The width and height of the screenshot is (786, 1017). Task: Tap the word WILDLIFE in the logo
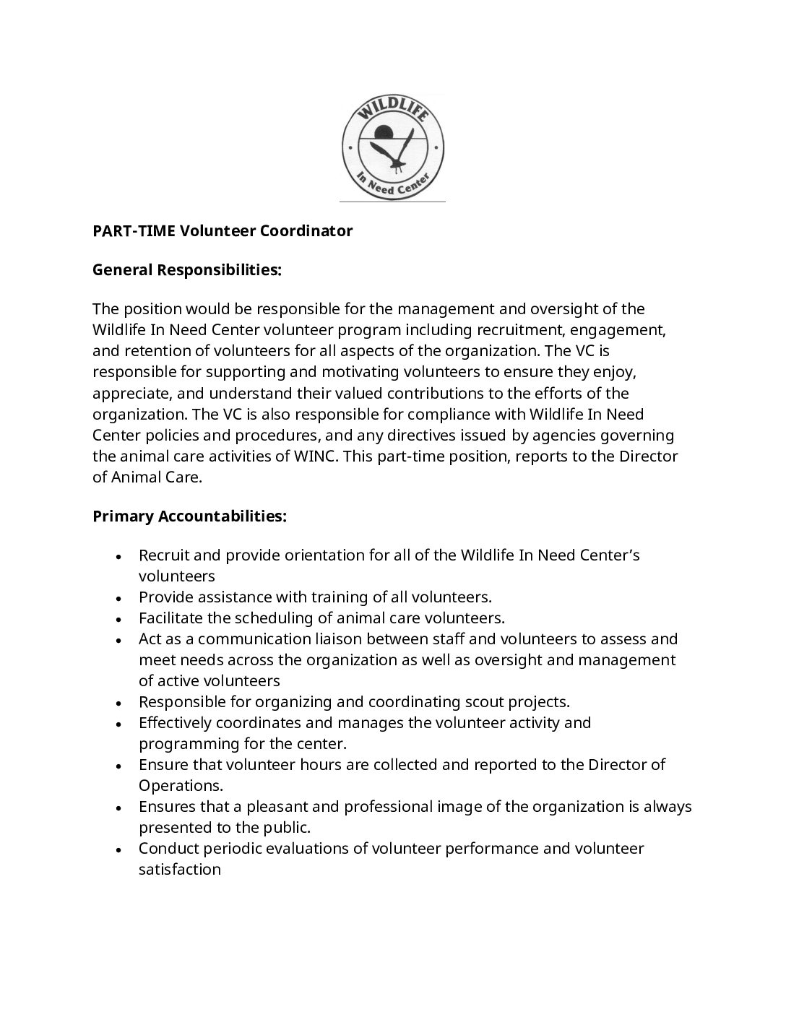point(392,109)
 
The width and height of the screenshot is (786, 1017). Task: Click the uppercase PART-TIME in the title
point(134,231)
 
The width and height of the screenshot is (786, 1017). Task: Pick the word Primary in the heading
point(124,517)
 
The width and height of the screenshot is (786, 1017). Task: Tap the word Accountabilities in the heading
point(223,517)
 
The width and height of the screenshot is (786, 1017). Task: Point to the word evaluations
point(314,849)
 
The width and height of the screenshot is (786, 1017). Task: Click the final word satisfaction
point(180,870)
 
